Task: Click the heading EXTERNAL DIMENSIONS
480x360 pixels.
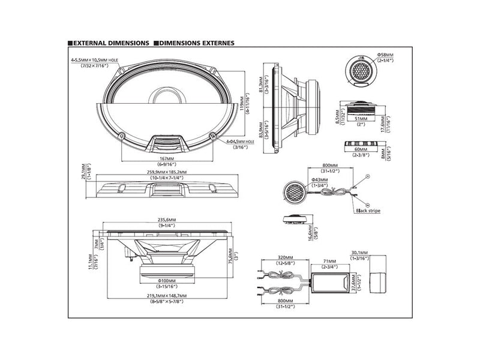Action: tap(111, 44)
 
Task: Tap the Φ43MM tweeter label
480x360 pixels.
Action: tap(319, 179)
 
